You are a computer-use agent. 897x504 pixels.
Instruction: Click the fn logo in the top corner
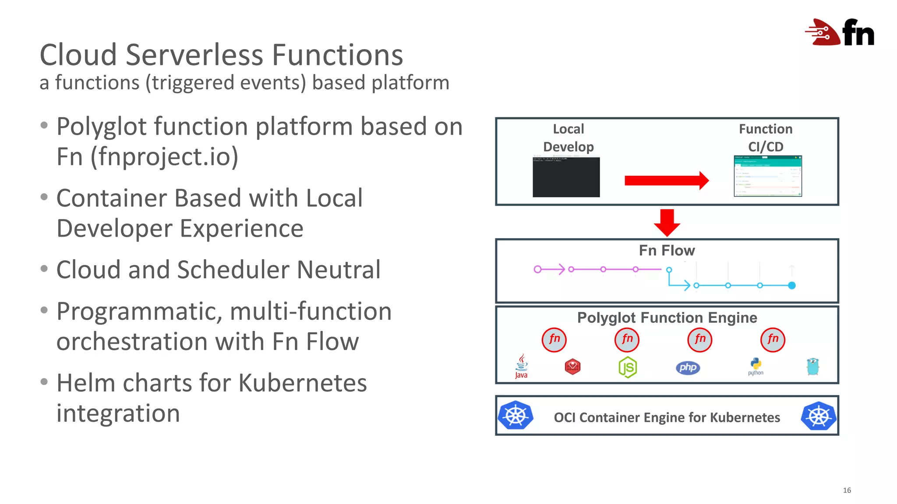click(x=840, y=32)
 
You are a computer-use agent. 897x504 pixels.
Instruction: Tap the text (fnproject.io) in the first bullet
click(x=164, y=157)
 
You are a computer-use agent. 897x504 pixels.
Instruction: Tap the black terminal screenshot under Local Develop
click(x=566, y=177)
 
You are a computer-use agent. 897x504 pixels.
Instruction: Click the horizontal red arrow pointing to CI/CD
click(x=666, y=180)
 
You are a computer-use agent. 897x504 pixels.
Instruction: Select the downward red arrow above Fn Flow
click(x=667, y=222)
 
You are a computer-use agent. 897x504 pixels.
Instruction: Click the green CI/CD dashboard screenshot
click(x=767, y=176)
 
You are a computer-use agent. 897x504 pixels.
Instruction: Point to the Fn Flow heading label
click(x=667, y=250)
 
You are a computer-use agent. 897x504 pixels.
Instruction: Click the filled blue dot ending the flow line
click(x=791, y=286)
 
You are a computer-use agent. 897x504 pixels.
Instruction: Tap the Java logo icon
click(x=521, y=366)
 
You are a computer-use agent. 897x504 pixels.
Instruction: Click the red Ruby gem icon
click(x=572, y=367)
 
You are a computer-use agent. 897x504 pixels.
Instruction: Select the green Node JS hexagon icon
click(x=627, y=367)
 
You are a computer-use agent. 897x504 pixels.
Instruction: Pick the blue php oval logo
click(x=688, y=367)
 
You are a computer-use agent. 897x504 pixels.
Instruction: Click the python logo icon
click(x=756, y=366)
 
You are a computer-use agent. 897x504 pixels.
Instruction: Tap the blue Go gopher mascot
click(x=813, y=366)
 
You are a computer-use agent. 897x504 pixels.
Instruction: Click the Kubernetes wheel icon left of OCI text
click(x=516, y=415)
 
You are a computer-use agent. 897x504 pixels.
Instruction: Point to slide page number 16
click(x=847, y=490)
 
